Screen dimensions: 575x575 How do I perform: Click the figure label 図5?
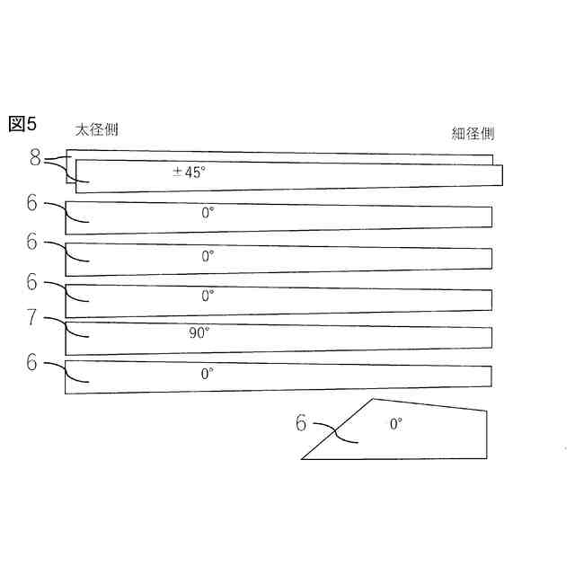[22, 124]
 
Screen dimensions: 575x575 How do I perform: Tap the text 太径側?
[96, 129]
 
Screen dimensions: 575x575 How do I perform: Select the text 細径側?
[473, 134]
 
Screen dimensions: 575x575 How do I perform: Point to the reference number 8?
[35, 159]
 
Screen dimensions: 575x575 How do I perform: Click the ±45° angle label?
[189, 172]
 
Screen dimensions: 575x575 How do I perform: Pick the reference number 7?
[33, 317]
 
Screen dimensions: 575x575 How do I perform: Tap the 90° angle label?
[199, 332]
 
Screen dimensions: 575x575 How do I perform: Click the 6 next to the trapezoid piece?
[301, 422]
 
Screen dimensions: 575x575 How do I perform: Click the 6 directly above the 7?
[33, 282]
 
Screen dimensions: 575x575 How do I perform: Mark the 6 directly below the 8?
[33, 204]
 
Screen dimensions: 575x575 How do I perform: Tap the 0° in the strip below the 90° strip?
[207, 372]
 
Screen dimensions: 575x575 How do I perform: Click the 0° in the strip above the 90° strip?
[208, 295]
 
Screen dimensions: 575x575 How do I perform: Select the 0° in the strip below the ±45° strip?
[208, 213]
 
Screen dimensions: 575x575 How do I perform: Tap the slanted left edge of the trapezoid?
[338, 429]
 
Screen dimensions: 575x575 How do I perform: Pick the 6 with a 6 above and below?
[33, 241]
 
